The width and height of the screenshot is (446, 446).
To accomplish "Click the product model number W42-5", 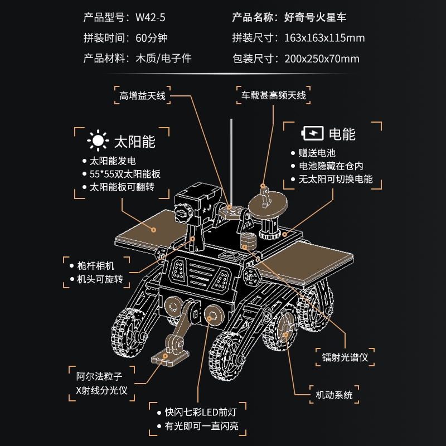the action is tap(150, 17).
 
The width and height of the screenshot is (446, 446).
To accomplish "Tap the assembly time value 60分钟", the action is tap(151, 38).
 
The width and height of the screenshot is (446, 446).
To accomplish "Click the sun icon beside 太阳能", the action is tap(98, 141).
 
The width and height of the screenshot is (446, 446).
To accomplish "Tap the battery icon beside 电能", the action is tap(312, 134).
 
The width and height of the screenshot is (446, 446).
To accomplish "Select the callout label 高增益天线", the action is tap(143, 95).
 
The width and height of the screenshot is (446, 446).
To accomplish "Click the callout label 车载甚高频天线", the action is tap(273, 95).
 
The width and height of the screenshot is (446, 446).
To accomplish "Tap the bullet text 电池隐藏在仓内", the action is tap(330, 166).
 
